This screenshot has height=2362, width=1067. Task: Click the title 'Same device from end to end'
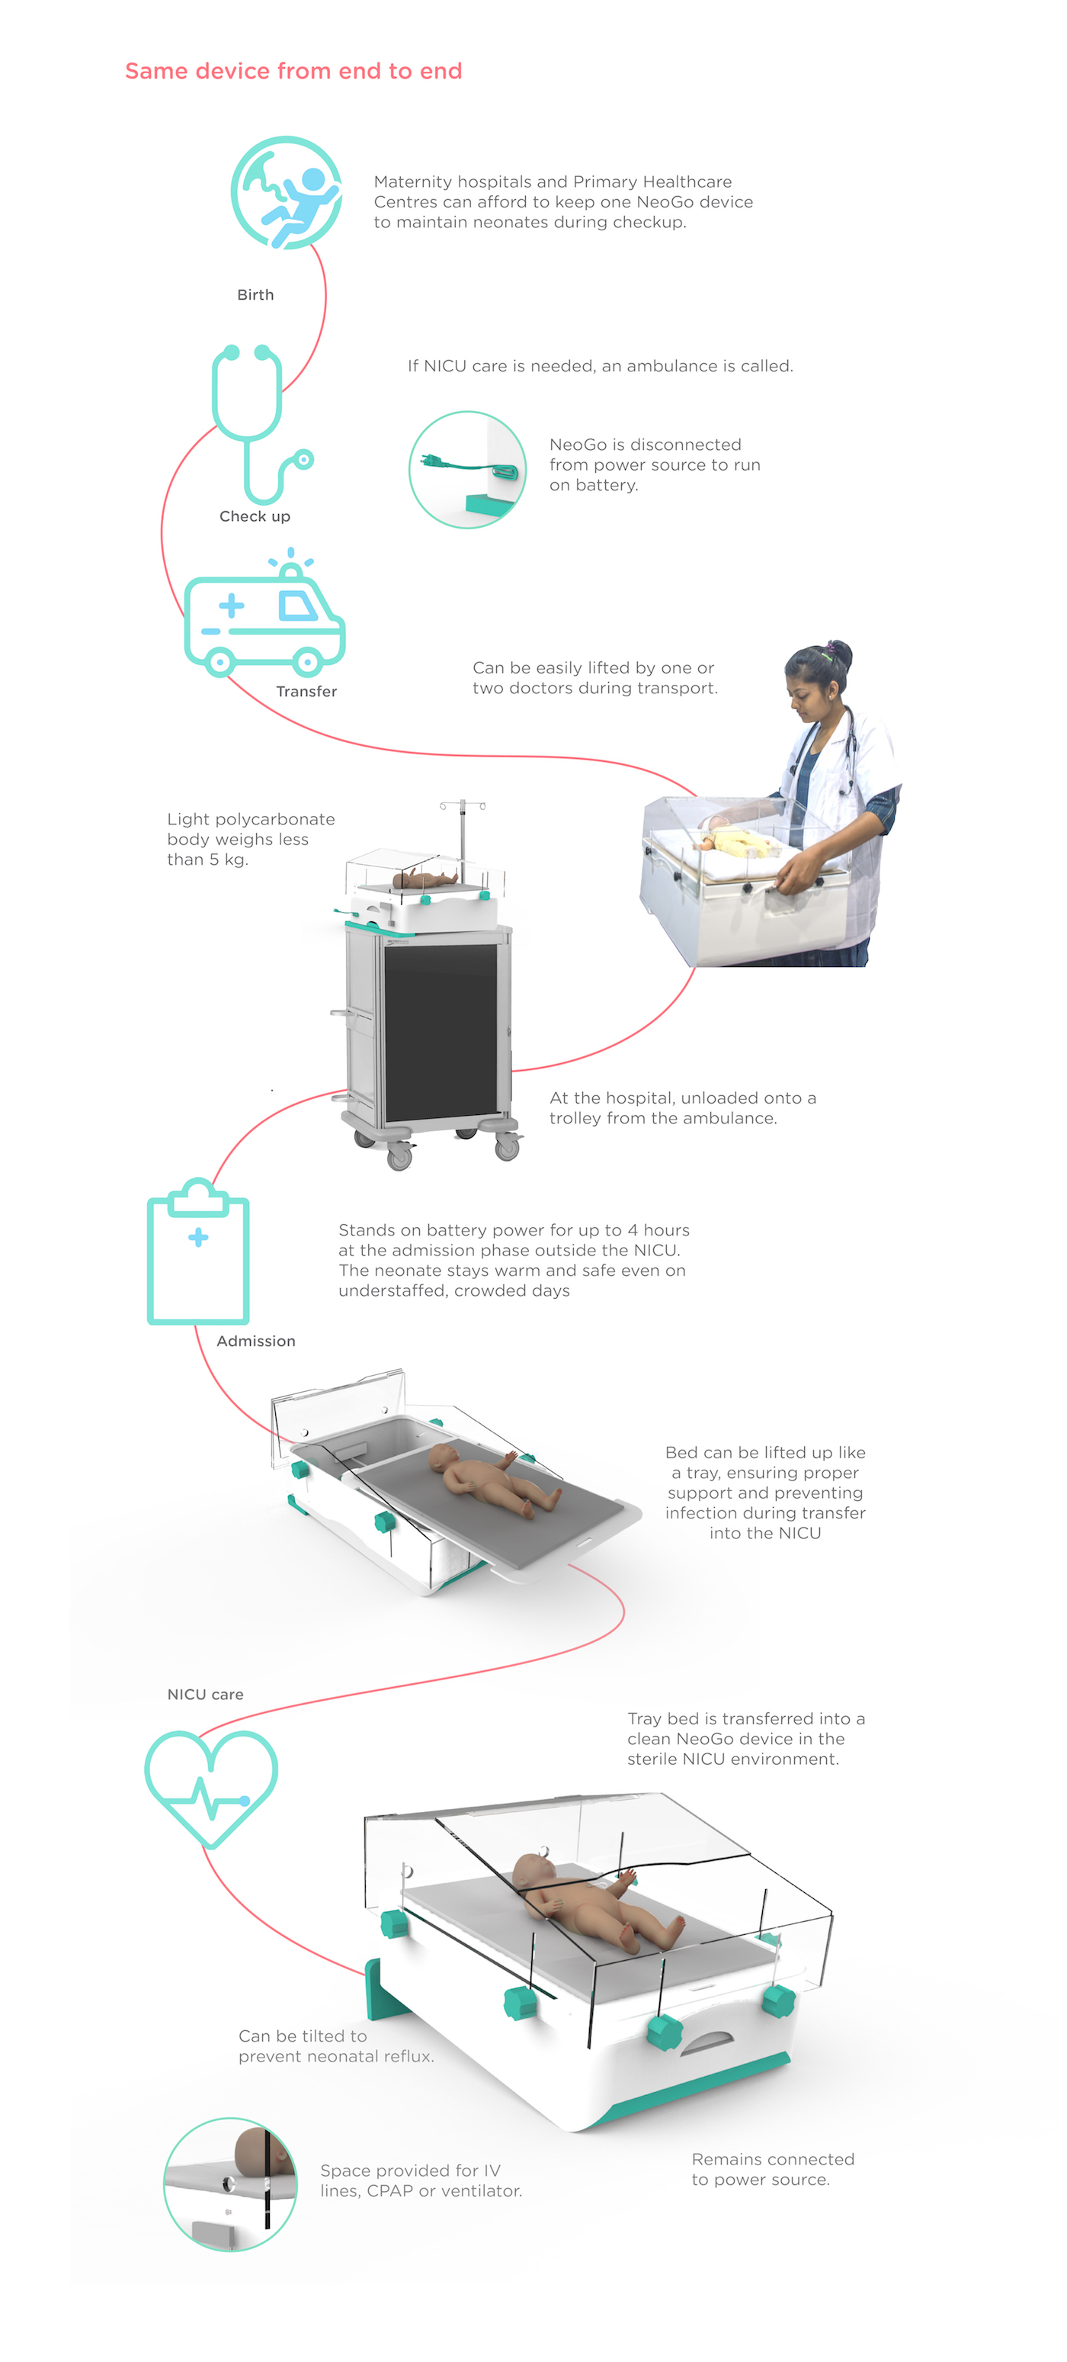[293, 72]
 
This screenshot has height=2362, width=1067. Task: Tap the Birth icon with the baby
[287, 192]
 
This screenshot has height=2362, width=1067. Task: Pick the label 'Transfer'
[306, 691]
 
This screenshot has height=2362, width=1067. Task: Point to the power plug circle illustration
[467, 470]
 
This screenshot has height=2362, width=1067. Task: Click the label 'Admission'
[256, 1341]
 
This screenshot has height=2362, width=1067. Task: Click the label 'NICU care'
[205, 1695]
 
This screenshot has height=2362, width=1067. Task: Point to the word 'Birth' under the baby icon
[255, 294]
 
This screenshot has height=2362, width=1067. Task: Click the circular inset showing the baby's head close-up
[230, 2184]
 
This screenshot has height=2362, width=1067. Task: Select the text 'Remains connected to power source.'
[772, 2170]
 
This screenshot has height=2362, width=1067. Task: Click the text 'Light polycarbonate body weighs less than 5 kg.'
[250, 839]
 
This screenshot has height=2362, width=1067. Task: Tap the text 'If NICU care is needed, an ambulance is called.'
[601, 366]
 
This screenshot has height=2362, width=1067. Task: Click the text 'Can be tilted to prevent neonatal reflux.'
[335, 2045]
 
